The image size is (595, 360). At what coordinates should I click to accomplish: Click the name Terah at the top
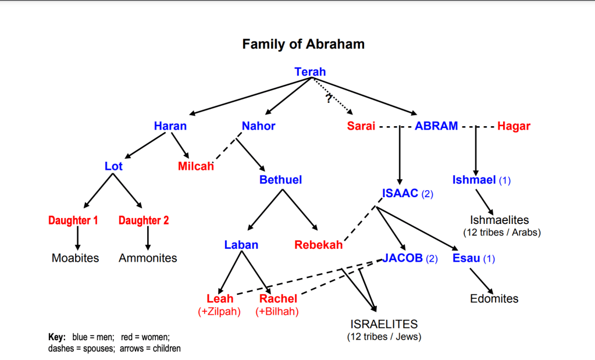coord(310,72)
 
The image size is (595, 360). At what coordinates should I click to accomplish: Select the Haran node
coord(170,126)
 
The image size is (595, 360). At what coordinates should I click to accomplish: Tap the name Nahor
coord(258,126)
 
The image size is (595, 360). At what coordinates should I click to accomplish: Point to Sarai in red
coord(361,126)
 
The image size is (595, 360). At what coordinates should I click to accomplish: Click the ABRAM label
coord(436,126)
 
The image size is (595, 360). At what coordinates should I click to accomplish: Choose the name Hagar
coord(514,126)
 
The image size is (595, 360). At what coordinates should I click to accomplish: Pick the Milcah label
coord(196,166)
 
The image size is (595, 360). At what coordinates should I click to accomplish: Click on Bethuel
coord(280,180)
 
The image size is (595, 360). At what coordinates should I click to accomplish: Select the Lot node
coord(113,166)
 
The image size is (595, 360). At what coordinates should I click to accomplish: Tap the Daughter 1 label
coord(73,220)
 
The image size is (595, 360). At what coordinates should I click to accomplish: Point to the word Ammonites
coord(148,258)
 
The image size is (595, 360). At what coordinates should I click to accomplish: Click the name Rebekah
coord(318,245)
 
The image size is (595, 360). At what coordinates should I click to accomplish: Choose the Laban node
coord(241,245)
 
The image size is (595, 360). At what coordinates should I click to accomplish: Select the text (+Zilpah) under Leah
coord(219,312)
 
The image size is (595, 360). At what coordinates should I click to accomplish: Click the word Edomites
coord(494,298)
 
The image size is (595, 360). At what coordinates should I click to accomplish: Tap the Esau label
coord(466,258)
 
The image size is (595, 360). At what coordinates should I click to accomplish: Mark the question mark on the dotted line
coord(329,98)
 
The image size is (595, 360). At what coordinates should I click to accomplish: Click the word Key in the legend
coord(57,337)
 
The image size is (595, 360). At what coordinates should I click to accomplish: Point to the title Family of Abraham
coord(303,44)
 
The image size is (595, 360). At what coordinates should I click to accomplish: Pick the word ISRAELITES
coord(384,325)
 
